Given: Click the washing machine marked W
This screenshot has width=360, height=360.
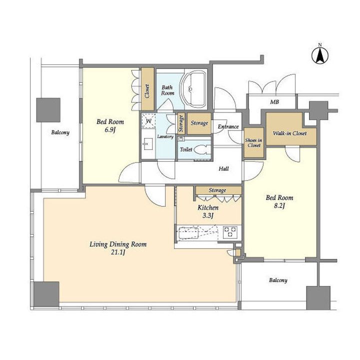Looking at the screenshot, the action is (148, 120).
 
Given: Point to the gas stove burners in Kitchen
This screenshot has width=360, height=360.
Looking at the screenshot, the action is (230, 232).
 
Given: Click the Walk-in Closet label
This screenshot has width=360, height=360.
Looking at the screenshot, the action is (289, 133).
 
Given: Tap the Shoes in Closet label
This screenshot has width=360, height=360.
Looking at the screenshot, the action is (253, 142).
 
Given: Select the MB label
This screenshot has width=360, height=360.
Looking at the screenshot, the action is (274, 101).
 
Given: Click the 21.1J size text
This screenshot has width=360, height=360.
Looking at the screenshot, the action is (118, 252).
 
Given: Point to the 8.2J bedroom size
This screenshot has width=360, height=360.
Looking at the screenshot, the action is (279, 205).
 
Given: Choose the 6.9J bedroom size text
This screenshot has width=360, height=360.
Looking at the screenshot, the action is (110, 129).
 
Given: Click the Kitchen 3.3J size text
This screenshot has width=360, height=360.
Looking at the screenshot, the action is (208, 215).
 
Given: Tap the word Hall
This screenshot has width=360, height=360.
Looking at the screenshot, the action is (223, 169).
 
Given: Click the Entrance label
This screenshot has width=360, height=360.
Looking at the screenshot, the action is (228, 126).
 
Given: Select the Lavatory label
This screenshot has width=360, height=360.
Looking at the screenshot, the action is (165, 136).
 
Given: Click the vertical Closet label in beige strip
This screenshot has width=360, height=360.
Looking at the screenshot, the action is (147, 91).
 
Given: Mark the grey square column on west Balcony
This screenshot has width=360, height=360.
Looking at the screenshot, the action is (48, 110).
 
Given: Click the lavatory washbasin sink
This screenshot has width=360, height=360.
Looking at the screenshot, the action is (147, 144).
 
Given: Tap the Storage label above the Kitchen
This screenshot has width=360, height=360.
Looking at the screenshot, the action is (217, 190).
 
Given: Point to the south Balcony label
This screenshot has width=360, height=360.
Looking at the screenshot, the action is (278, 280).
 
